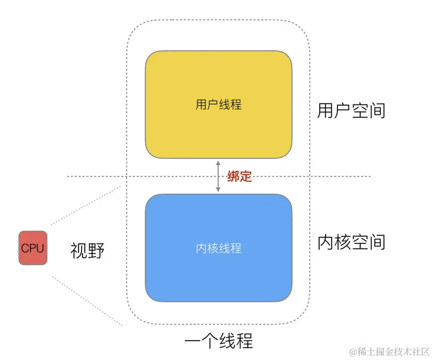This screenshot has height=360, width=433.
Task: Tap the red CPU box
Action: (x=33, y=247)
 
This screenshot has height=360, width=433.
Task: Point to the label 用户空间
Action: (x=351, y=110)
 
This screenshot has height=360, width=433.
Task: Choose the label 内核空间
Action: (x=351, y=242)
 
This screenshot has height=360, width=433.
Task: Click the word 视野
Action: (x=88, y=250)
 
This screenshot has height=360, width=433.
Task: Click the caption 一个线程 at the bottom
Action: (x=219, y=341)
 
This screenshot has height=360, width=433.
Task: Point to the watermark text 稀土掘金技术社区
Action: (x=394, y=350)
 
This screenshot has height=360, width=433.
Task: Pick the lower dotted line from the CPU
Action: (x=86, y=300)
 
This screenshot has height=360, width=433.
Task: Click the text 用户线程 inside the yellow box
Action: (x=218, y=105)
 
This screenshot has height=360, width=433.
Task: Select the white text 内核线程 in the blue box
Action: (x=218, y=249)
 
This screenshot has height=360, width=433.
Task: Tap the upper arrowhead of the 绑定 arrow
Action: (x=218, y=163)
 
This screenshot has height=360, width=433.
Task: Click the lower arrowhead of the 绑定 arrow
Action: (x=218, y=190)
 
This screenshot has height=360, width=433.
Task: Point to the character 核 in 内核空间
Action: (x=343, y=242)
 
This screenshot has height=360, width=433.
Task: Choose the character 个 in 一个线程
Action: (x=209, y=341)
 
